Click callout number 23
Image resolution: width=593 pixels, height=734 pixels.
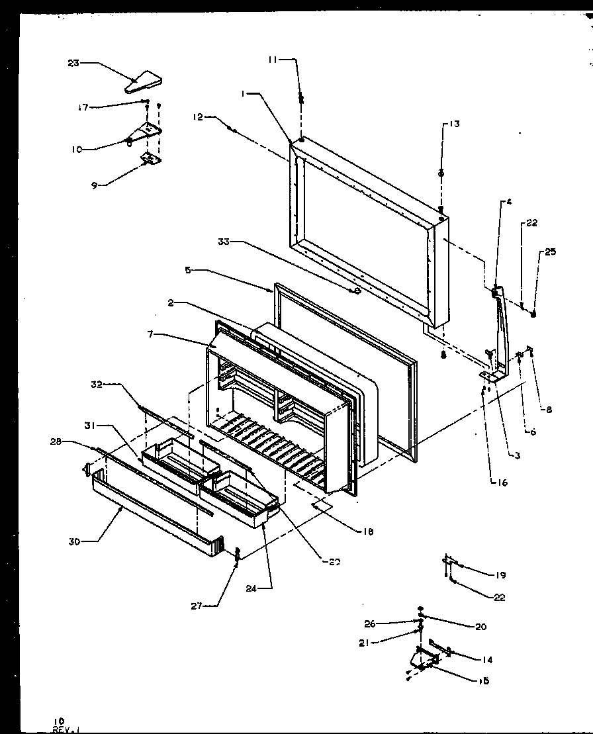(73, 63)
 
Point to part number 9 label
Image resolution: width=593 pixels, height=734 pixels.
(95, 185)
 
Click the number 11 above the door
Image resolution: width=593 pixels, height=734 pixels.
(273, 60)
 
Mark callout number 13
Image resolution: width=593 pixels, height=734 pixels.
(453, 124)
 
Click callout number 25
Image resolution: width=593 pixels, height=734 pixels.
(550, 252)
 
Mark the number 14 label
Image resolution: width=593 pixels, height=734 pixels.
(487, 659)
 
